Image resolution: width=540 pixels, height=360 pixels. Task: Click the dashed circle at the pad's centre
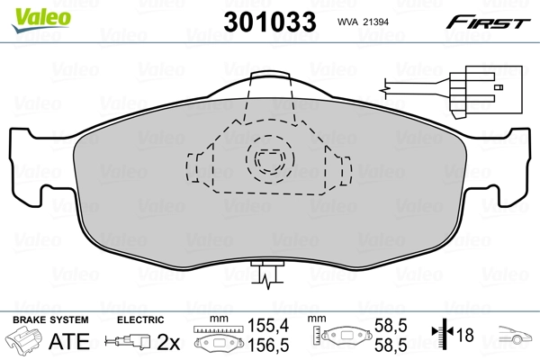click(267, 158)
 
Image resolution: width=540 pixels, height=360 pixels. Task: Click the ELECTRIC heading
click(140, 319)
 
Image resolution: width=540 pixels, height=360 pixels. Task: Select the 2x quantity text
click(167, 341)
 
